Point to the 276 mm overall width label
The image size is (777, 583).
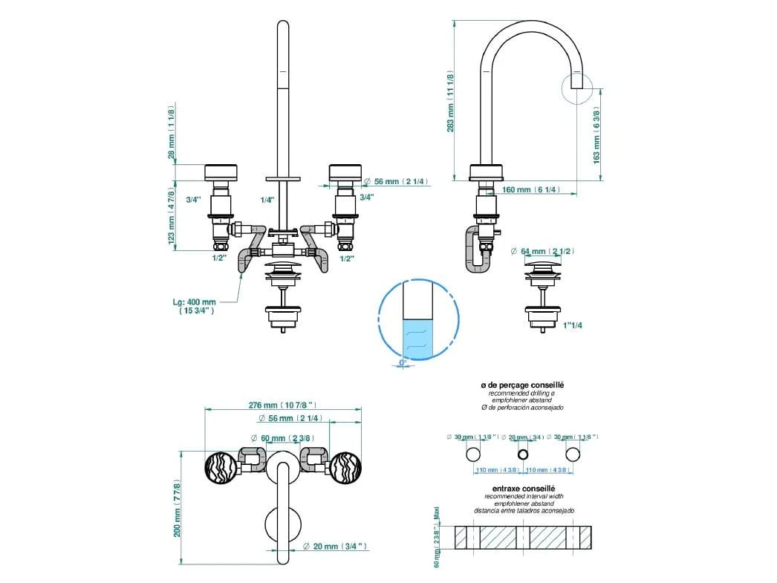(283, 405)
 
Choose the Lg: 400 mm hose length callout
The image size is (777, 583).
(195, 307)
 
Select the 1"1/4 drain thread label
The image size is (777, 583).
(572, 325)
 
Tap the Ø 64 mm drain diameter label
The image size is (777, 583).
(543, 252)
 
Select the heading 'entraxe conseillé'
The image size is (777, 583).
(524, 488)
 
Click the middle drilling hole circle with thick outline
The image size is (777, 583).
(523, 454)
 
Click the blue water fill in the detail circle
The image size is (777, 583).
(417, 339)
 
